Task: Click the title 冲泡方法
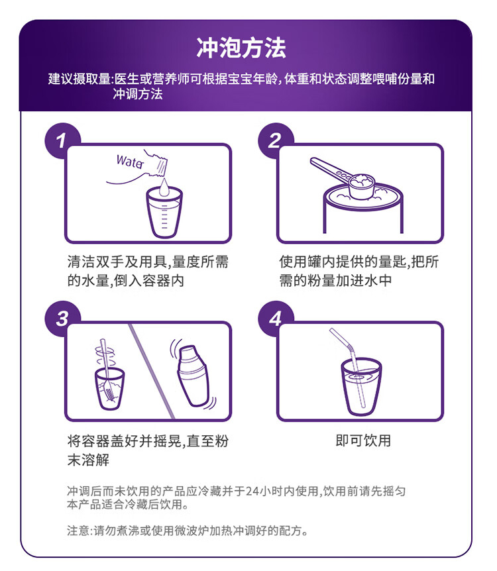tap(241, 48)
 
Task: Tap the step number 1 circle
tap(60, 140)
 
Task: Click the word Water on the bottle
tap(130, 162)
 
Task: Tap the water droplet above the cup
tap(164, 187)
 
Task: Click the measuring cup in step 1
tap(164, 213)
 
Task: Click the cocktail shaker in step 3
tap(193, 375)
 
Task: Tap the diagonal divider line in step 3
tap(152, 371)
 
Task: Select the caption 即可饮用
tap(363, 441)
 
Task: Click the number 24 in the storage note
tap(252, 492)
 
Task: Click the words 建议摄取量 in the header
tap(79, 79)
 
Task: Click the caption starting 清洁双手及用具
tap(148, 271)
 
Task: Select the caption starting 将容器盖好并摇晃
tap(148, 450)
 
